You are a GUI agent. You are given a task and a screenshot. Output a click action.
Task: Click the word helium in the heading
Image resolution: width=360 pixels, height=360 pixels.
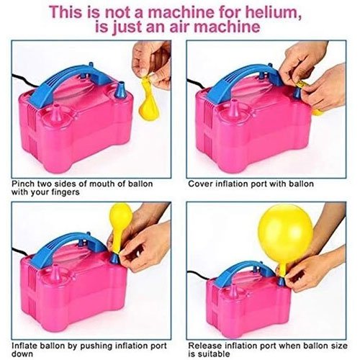(271, 12)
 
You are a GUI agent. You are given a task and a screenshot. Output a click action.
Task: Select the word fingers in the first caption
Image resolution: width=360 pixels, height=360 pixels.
(66, 192)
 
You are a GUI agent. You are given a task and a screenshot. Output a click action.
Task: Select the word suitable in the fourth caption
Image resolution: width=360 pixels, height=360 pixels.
(213, 354)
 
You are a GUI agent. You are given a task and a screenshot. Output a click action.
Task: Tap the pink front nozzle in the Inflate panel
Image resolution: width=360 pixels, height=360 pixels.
(57, 275)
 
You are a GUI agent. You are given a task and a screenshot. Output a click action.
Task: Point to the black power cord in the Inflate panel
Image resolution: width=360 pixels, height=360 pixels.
(22, 251)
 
